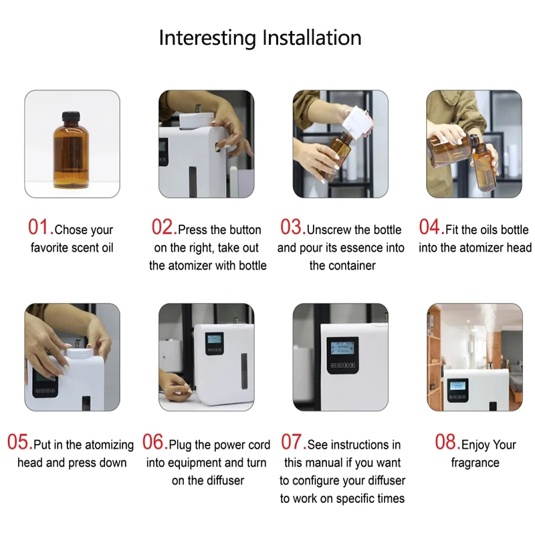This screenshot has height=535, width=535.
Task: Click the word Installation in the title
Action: (x=312, y=37)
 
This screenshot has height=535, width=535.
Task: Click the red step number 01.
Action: (x=39, y=227)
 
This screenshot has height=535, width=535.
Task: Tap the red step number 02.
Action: (x=163, y=227)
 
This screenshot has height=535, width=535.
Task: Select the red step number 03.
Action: (x=292, y=227)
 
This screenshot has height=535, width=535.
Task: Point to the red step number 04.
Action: (x=431, y=227)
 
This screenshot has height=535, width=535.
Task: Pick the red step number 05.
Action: (x=19, y=443)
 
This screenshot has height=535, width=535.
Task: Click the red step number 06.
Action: (x=154, y=443)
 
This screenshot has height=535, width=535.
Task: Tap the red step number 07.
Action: (x=292, y=443)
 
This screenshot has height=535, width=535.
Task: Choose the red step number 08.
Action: (x=447, y=443)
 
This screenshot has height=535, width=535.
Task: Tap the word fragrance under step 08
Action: (x=475, y=463)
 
